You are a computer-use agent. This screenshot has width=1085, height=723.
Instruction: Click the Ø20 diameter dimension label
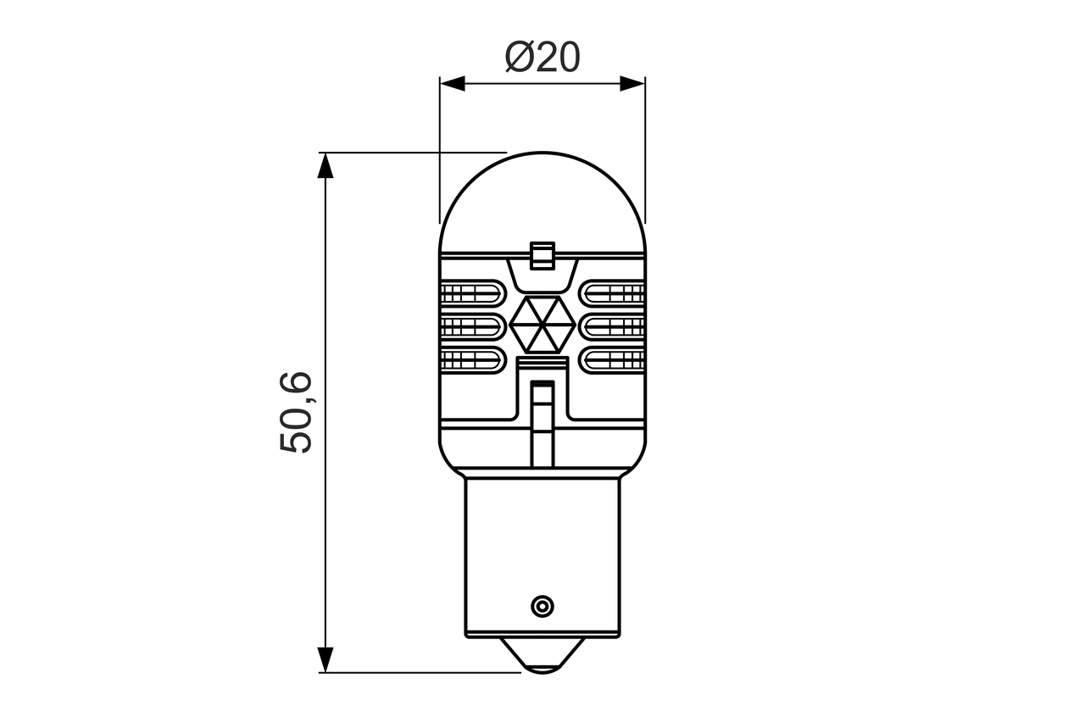click(x=542, y=57)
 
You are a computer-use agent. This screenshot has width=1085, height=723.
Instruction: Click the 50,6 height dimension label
click(x=296, y=412)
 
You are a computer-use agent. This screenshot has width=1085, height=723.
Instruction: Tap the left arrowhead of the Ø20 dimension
click(x=453, y=83)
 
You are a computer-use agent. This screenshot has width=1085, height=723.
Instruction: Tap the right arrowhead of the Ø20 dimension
click(x=632, y=83)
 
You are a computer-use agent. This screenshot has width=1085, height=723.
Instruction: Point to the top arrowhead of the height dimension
click(x=325, y=165)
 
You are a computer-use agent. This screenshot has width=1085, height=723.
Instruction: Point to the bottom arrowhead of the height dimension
click(x=325, y=659)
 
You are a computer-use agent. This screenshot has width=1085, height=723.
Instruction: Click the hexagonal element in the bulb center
click(x=542, y=325)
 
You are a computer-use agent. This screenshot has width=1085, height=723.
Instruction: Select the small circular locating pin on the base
click(x=542, y=606)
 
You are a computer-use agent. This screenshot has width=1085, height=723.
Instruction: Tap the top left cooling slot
click(x=473, y=293)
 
